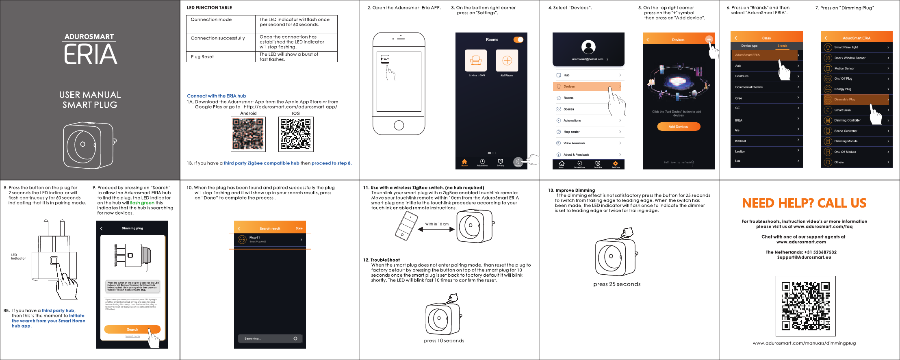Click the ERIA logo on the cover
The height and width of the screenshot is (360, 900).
point(90,50)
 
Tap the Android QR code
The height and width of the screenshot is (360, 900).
point(248,134)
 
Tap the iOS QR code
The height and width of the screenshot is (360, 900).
point(296,134)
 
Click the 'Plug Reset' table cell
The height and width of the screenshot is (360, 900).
point(221,57)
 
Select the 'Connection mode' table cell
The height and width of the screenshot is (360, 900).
point(221,24)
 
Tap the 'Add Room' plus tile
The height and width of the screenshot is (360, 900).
point(507,61)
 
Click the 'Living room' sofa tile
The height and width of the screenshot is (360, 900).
point(476,61)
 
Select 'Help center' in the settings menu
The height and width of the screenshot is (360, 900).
point(588,132)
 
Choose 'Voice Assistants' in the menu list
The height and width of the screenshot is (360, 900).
point(588,143)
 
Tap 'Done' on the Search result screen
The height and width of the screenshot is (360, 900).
point(299,228)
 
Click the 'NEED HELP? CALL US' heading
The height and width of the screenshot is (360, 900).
point(804,203)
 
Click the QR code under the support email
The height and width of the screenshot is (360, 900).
point(805,306)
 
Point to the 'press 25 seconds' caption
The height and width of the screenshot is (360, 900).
point(617,284)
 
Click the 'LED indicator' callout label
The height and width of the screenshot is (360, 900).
point(18,257)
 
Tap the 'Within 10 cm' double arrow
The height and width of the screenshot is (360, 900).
point(437,230)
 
